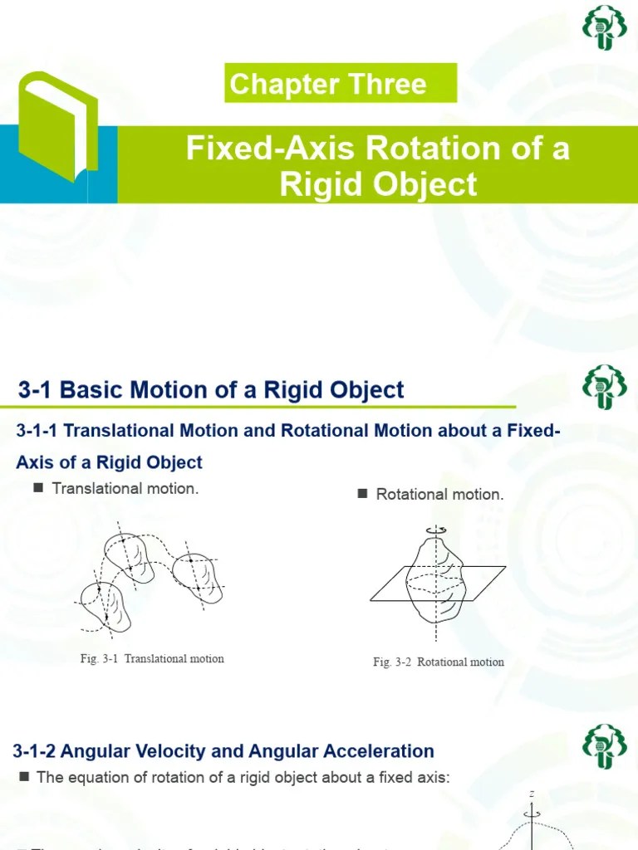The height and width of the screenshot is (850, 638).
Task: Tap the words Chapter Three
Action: tap(328, 84)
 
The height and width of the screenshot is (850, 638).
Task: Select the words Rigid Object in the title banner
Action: tap(379, 184)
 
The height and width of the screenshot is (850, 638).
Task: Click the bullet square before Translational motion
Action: tap(37, 488)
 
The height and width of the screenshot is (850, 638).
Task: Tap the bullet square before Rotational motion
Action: tap(362, 494)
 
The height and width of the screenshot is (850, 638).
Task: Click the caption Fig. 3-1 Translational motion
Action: tap(152, 658)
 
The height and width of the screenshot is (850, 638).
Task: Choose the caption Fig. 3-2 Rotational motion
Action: tap(439, 662)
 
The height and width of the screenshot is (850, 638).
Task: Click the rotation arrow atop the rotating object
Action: tap(434, 529)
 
